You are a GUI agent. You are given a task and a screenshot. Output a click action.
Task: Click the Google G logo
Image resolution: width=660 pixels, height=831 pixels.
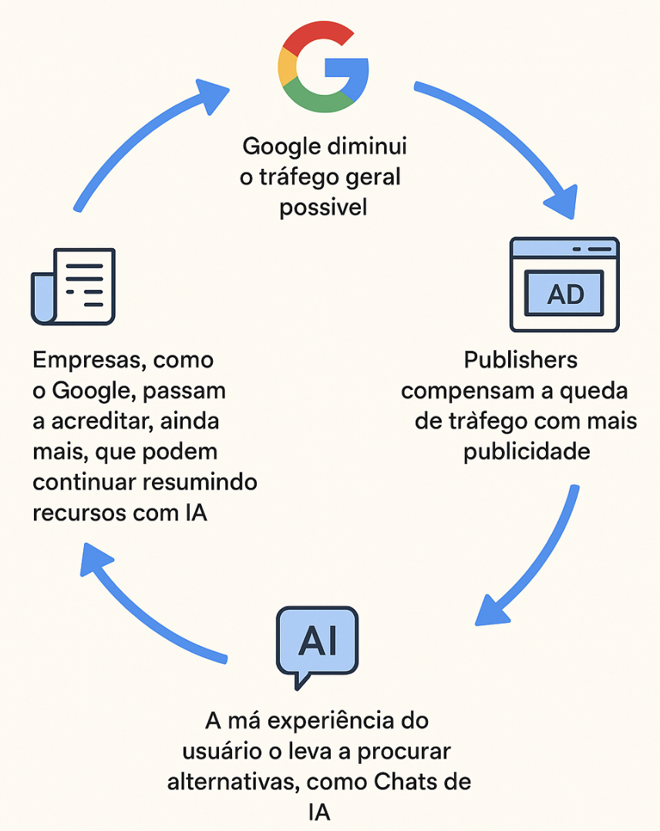[x=323, y=68]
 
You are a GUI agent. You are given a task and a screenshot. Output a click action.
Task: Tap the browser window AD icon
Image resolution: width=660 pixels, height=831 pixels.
[x=564, y=284]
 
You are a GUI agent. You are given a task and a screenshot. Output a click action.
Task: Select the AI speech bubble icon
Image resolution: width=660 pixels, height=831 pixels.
[x=317, y=644]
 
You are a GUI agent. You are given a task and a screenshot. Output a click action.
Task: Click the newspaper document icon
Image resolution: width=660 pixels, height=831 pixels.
[x=73, y=286]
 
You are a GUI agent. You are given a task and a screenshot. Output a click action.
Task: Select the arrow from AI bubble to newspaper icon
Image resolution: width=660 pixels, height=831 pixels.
[x=139, y=609]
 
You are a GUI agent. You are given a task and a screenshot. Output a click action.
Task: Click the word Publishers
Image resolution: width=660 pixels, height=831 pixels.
[x=520, y=360]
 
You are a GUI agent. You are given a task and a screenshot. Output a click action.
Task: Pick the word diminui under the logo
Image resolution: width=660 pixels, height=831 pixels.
[x=369, y=146]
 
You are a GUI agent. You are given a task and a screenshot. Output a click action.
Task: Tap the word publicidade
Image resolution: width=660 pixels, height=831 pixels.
[x=527, y=451]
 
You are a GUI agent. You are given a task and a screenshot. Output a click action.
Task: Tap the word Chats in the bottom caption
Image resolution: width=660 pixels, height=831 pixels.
[x=406, y=782]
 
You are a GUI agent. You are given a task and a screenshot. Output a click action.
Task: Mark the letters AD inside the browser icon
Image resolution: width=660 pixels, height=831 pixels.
[x=565, y=294]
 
